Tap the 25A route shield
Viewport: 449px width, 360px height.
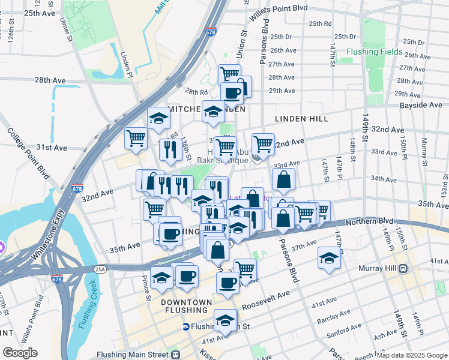tap(99, 269)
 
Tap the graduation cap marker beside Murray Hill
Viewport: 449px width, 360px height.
tap(329, 257)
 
